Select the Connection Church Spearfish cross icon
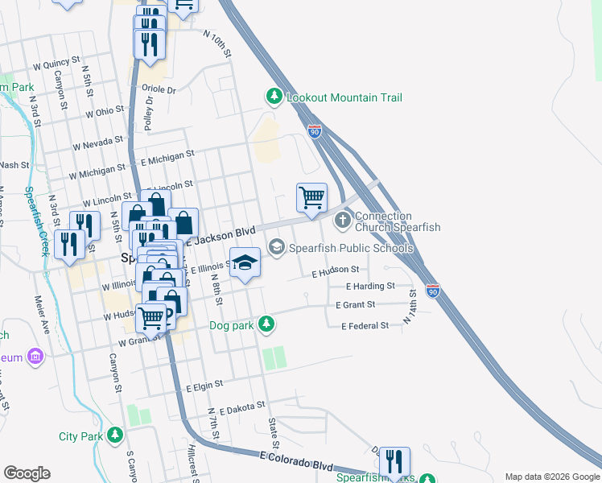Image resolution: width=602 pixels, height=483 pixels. pos(343,219)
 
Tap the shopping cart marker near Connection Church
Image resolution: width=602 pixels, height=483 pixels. pos(311,197)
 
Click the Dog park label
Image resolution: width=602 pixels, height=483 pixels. pos(232,325)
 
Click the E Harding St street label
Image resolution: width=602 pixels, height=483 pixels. pos(370,286)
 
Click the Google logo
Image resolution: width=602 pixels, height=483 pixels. pos(27,473)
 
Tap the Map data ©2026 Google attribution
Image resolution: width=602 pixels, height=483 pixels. pos(552,477)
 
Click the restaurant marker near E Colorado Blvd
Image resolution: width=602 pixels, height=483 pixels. pos(394,462)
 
